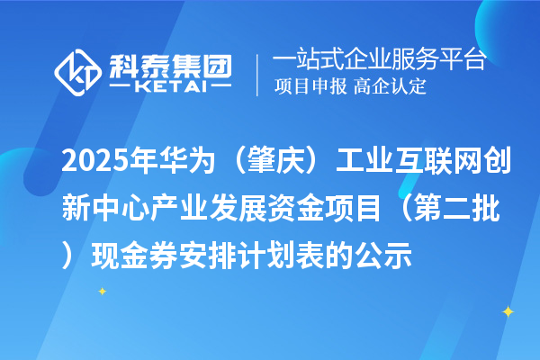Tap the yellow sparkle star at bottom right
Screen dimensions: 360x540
coord(507,312)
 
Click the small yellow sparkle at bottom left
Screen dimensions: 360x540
coord(102,291)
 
